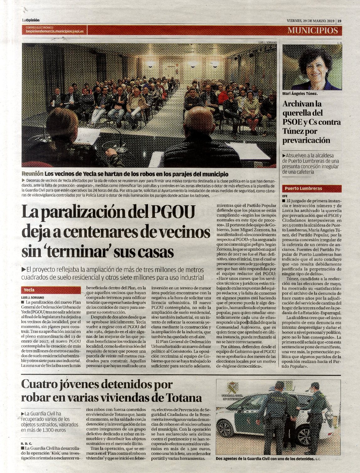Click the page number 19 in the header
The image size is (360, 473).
coord(339,21)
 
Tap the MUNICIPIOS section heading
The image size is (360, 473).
coord(313,30)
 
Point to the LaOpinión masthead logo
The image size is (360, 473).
coord(30,20)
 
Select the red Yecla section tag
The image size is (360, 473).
coord(29,290)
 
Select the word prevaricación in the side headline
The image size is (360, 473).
coord(306,140)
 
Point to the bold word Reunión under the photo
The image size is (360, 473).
coord(32,174)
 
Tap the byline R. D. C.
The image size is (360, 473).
coord(27,444)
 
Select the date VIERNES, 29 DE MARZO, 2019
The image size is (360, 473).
coord(310,21)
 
